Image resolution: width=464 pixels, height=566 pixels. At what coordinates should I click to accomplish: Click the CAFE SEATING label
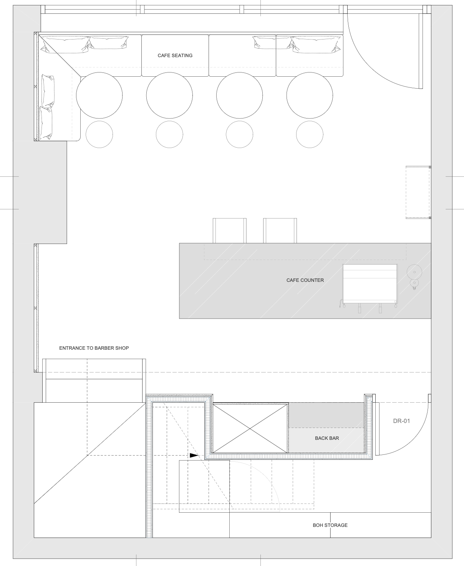[175, 56]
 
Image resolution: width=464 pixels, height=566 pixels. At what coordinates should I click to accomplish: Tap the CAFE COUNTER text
[305, 280]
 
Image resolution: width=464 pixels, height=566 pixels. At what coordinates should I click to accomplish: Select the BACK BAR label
[327, 438]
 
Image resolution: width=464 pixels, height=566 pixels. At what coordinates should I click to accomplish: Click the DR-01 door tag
[401, 421]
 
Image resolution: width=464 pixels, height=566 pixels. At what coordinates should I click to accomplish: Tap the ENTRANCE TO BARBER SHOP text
[94, 348]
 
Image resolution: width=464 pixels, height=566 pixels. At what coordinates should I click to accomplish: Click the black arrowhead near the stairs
[194, 456]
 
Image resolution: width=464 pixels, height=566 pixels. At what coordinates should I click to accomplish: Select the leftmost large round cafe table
[99, 95]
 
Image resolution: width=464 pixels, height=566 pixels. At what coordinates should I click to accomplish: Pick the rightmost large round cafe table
[310, 95]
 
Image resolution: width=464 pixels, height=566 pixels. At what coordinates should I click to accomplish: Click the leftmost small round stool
[99, 135]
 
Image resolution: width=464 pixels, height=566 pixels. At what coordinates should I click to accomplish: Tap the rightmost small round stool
[310, 135]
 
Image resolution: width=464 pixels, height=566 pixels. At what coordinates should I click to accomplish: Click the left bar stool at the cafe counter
[230, 231]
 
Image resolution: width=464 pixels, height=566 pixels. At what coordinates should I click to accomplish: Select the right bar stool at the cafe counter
[280, 231]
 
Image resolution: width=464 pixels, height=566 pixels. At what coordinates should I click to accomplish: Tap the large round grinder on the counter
[414, 272]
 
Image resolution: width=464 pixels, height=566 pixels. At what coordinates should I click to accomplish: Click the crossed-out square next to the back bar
[250, 429]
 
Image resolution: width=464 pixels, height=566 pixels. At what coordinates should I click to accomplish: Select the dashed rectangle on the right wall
[418, 193]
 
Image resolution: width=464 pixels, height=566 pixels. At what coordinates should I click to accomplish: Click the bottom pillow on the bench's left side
[46, 123]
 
